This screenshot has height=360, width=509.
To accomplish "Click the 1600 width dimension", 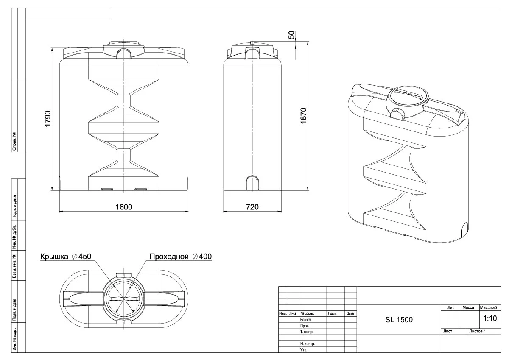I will tap(123, 207).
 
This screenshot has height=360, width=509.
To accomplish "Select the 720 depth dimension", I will tap(252, 207).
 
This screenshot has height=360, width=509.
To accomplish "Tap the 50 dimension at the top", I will tap(291, 35).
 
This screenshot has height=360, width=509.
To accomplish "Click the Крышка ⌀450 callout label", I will tap(66, 257).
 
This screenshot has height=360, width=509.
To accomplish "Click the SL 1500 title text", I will tap(399, 320).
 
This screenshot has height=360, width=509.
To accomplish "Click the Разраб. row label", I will tap(306, 320).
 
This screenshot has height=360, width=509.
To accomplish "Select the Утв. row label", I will tap(303, 350).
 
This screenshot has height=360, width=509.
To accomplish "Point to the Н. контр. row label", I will tap(307, 344).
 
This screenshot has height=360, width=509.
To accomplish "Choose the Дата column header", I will tap(350, 314).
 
